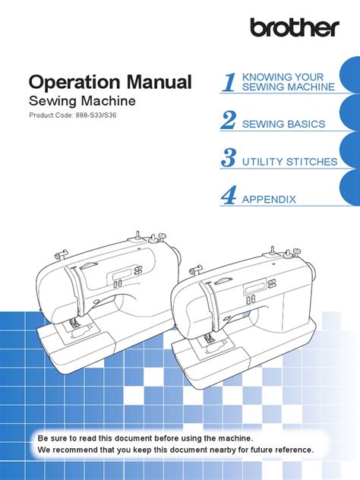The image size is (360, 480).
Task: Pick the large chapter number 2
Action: tap(229, 122)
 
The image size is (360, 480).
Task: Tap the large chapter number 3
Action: tap(229, 159)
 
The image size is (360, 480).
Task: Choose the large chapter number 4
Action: tap(229, 197)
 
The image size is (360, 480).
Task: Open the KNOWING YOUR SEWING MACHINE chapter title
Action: tap(287, 82)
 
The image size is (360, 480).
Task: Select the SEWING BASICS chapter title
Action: tap(283, 124)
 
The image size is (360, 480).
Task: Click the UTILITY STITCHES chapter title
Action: tap(289, 162)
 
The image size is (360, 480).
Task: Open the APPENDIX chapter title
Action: tap(268, 200)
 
